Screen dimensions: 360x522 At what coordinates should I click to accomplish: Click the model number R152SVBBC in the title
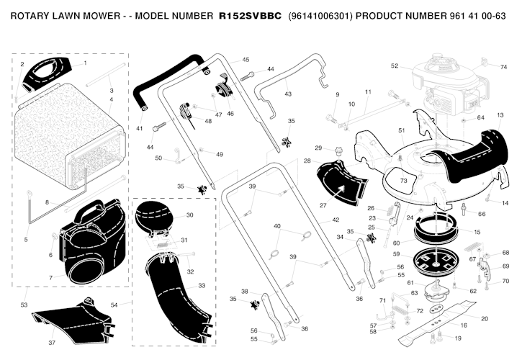(249, 15)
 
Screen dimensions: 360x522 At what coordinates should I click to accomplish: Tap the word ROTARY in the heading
(34, 15)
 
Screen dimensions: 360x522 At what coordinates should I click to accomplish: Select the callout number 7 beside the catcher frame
(50, 278)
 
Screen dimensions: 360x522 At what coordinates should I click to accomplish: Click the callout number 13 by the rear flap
(500, 115)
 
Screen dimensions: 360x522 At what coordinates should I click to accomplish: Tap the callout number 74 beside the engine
(504, 66)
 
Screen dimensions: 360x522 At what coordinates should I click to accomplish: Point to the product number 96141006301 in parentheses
(320, 15)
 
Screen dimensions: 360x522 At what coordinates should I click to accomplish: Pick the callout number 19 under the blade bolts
(458, 338)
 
